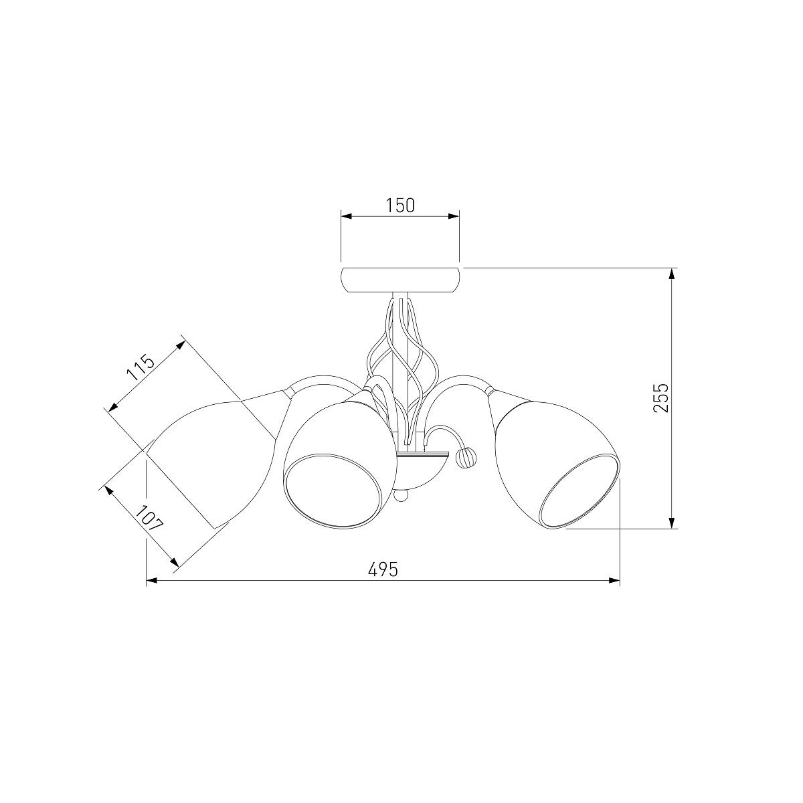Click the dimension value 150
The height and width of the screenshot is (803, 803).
coord(399,205)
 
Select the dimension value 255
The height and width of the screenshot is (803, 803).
coord(660,397)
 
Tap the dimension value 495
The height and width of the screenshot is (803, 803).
coord(383,569)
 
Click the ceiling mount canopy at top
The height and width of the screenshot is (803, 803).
coord(400,280)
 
